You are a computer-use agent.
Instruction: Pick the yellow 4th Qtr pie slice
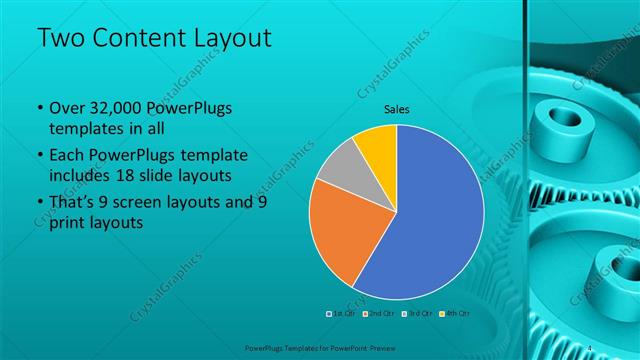(x=378, y=144)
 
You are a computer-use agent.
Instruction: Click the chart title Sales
(x=397, y=110)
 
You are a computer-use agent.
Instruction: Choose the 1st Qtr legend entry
(x=340, y=313)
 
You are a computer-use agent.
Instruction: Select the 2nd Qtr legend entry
(x=377, y=313)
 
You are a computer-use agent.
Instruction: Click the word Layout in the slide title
(x=227, y=38)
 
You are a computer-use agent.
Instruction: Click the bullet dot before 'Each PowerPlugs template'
(x=38, y=156)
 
